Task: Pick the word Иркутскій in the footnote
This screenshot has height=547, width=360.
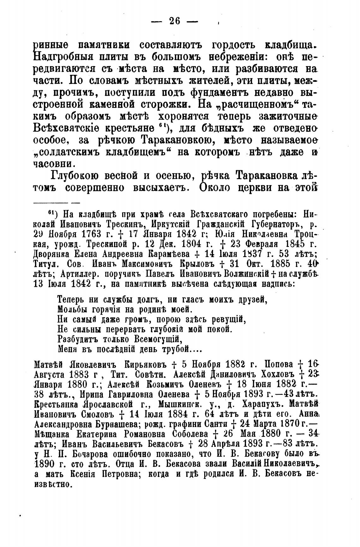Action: (177, 226)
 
